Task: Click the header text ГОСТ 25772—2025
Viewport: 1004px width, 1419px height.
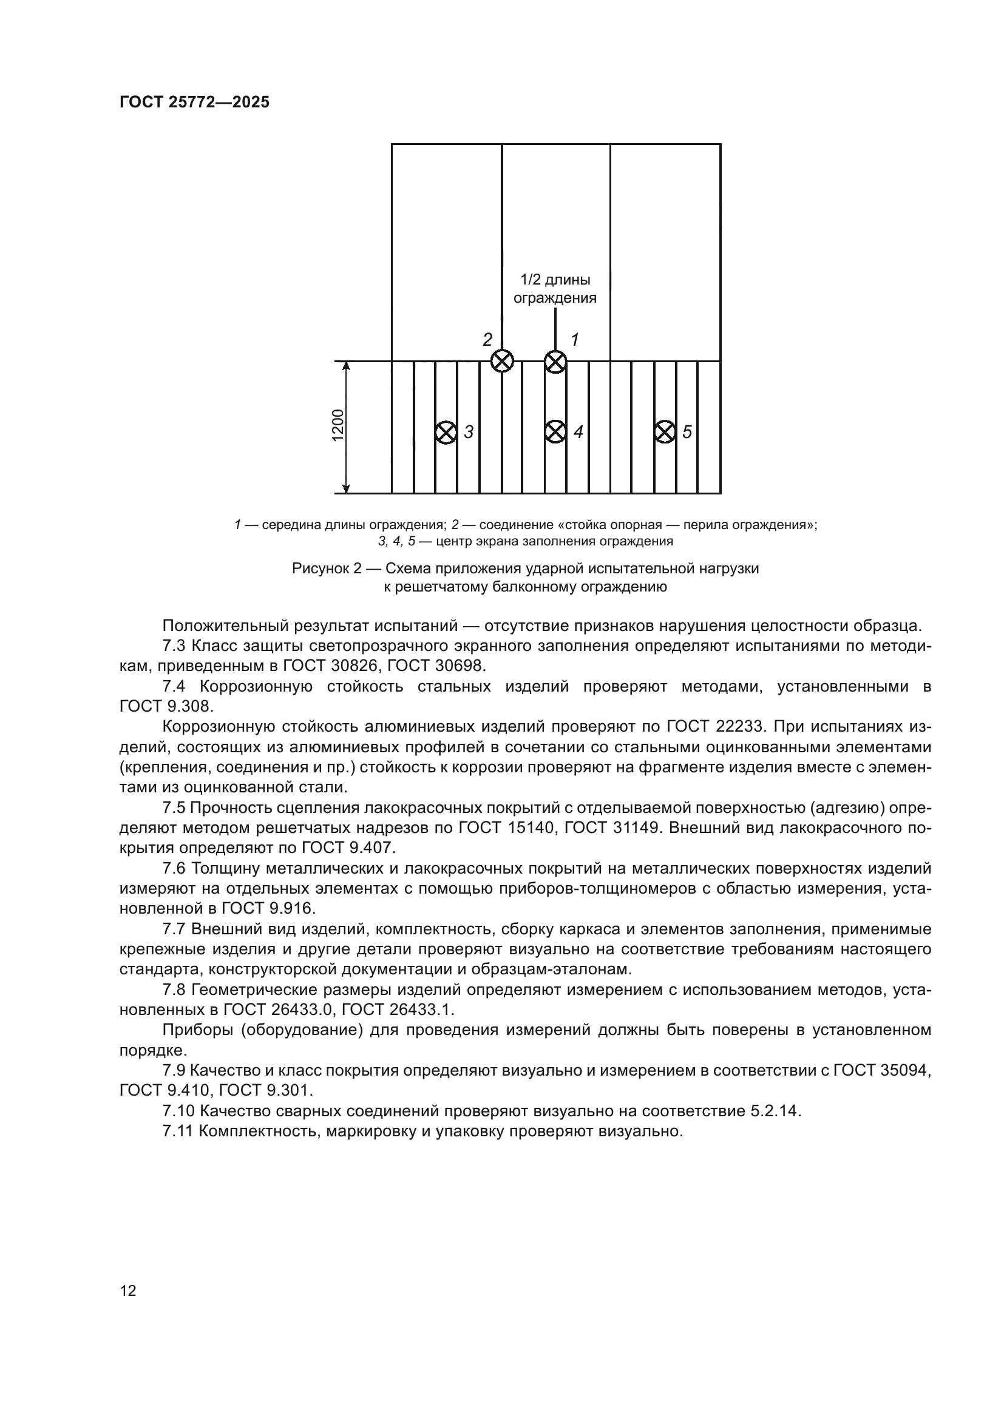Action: pyautogui.click(x=194, y=103)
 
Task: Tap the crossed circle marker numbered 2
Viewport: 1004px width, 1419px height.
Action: pyautogui.click(x=502, y=361)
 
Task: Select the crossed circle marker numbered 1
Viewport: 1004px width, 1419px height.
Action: pyautogui.click(x=555, y=362)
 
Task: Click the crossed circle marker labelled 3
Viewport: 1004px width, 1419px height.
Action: pyautogui.click(x=445, y=432)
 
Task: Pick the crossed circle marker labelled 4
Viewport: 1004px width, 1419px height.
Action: pyautogui.click(x=555, y=431)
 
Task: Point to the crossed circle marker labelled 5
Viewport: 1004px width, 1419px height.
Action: pyautogui.click(x=665, y=431)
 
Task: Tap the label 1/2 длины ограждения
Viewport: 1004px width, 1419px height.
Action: pyautogui.click(x=555, y=289)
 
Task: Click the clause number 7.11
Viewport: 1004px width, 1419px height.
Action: pyautogui.click(x=178, y=1131)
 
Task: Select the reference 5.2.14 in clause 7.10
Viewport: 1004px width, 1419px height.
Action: pyautogui.click(x=775, y=1111)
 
